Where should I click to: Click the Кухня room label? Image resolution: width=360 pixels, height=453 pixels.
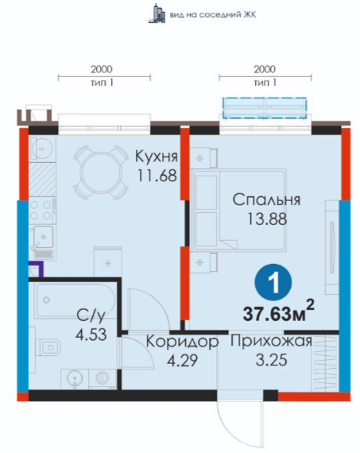[157, 157]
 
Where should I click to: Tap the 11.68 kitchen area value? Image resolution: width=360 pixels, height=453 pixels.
[157, 176]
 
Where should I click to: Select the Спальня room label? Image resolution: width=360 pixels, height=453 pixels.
[266, 199]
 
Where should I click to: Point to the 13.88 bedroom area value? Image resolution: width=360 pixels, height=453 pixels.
[267, 219]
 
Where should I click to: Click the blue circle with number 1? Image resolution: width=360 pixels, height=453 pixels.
[273, 283]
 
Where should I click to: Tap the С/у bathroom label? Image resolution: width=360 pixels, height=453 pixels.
[91, 316]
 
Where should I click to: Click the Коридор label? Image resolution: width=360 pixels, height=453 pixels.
[182, 342]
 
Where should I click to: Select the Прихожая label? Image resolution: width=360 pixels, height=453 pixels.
[271, 342]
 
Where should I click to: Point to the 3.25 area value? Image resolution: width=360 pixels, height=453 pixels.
[271, 360]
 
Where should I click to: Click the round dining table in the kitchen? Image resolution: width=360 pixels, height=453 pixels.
[101, 172]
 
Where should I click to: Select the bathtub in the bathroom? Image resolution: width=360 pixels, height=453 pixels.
[75, 300]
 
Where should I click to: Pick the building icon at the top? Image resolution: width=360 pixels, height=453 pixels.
[157, 14]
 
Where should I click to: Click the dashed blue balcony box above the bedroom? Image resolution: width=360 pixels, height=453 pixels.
[265, 108]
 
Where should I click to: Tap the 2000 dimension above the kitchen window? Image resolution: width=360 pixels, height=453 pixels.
[102, 69]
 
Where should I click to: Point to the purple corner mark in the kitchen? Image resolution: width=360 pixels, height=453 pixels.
[38, 268]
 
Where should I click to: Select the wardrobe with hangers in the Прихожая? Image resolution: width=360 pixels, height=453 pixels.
[325, 363]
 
